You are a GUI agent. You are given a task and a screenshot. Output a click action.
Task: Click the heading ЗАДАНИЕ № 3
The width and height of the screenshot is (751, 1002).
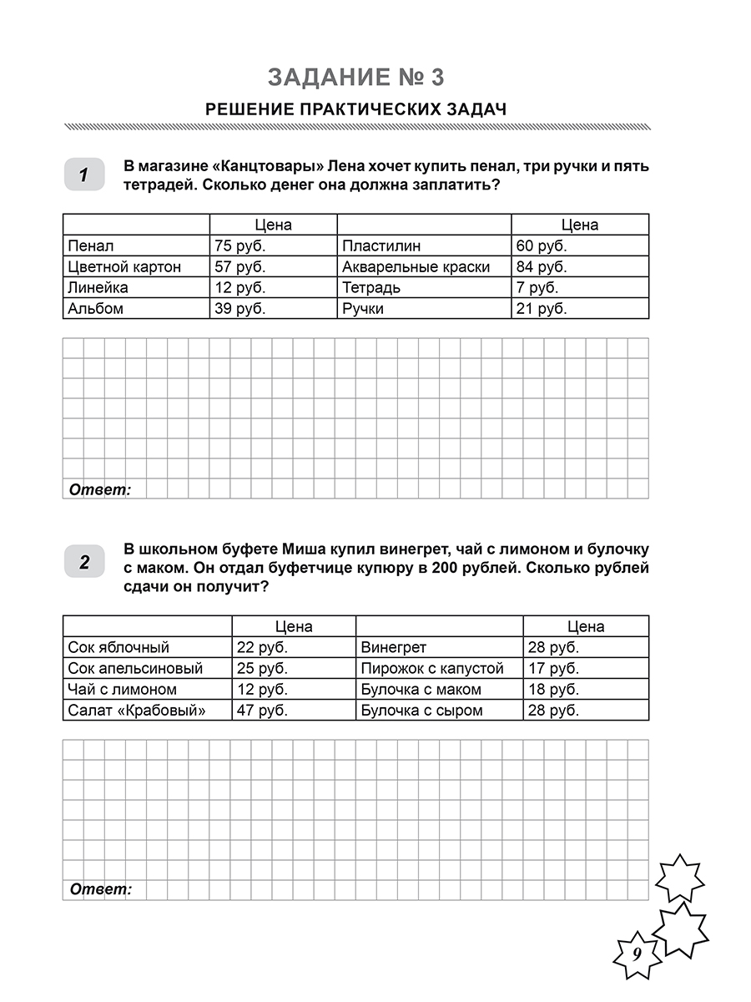[356, 78]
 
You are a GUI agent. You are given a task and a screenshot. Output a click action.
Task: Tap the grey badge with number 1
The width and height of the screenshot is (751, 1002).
[84, 175]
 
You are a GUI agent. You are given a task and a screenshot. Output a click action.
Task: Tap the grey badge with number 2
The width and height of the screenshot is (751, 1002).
[84, 562]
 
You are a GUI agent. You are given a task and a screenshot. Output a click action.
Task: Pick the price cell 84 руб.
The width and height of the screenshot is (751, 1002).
[541, 267]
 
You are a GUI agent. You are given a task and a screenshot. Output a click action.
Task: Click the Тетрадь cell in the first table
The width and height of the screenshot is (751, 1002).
[371, 288]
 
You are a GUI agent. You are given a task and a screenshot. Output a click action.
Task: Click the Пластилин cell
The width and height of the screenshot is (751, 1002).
[381, 246]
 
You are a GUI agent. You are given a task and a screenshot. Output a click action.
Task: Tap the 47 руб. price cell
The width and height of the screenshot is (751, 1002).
[262, 711]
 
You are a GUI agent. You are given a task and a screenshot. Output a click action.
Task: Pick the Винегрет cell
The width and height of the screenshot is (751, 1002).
[394, 648]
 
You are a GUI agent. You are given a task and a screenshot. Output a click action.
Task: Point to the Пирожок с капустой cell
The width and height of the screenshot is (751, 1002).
[432, 669]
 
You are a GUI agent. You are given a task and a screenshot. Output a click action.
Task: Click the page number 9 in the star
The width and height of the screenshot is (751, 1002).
[636, 954]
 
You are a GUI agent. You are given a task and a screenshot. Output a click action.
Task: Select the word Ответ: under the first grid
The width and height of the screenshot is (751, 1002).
[100, 490]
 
